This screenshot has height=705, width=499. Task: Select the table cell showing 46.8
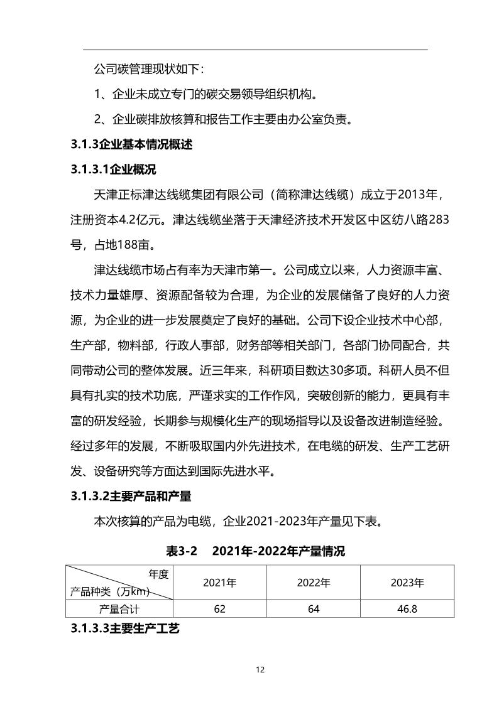[x=407, y=608]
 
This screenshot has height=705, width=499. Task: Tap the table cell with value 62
[x=219, y=608]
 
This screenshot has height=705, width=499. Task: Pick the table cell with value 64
[x=314, y=608]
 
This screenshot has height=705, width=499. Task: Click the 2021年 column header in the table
[x=219, y=583]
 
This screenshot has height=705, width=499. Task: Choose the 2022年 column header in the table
[x=314, y=583]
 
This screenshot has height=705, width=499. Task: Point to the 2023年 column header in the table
[x=407, y=583]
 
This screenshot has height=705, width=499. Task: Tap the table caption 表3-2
[x=182, y=552]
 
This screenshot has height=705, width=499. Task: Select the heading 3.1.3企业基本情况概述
[x=131, y=144]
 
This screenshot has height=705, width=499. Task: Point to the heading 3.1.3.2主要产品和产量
[x=131, y=496]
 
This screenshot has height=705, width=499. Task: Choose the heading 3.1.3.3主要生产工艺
[x=126, y=628]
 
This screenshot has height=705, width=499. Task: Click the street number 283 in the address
[x=437, y=220]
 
